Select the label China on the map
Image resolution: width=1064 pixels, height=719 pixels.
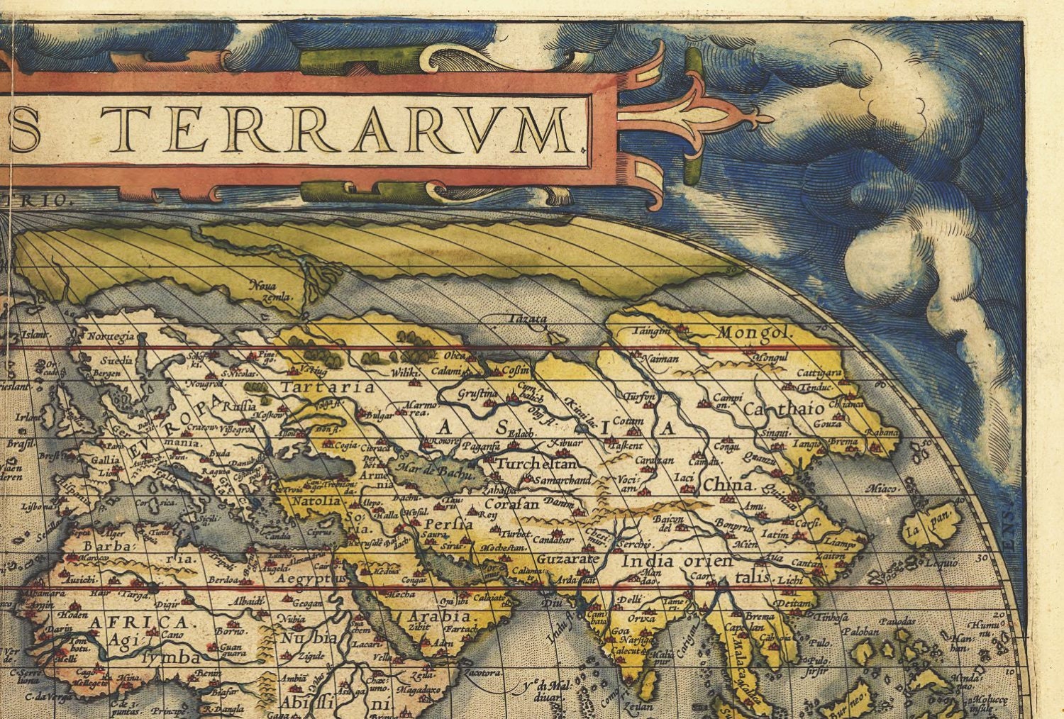pos(727,486)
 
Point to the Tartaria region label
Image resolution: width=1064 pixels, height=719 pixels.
pos(317,387)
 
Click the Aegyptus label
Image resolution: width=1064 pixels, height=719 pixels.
pos(309,579)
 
